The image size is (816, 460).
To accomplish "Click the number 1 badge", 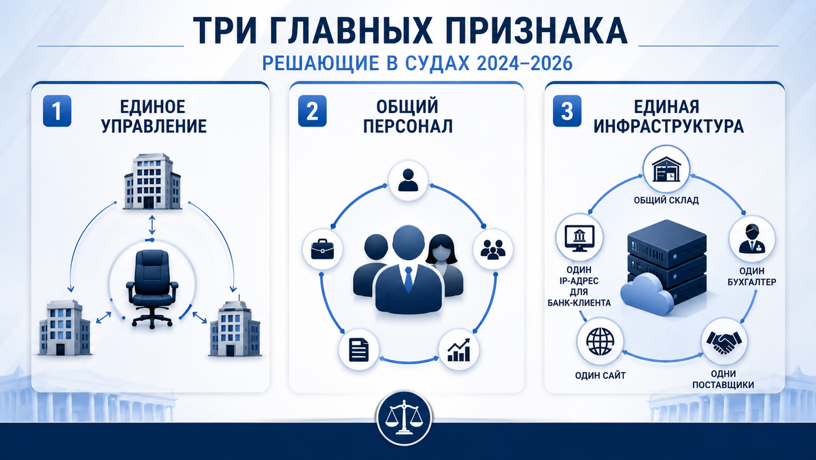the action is (57, 111).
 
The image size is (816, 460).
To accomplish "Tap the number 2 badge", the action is (312, 111).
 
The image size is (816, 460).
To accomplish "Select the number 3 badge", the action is (567, 111).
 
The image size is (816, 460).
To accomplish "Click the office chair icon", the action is (152, 289).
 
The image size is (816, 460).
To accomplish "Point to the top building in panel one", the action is (152, 181).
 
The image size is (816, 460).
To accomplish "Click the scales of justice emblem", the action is (404, 418).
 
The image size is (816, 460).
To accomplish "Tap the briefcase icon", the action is (322, 249).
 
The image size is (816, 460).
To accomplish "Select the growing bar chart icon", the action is (458, 350).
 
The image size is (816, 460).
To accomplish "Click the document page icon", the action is (359, 350).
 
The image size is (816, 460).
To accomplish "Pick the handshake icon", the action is (724, 342).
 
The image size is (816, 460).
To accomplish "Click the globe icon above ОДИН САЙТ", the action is (600, 342).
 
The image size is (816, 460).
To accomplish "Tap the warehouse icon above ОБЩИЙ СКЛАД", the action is (666, 169).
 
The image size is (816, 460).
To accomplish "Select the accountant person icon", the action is (752, 239).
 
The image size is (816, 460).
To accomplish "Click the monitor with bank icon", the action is (579, 238).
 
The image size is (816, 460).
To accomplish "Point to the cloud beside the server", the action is (647, 294).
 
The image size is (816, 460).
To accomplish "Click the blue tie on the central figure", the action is (409, 279).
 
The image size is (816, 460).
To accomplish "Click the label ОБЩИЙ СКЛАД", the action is (666, 201).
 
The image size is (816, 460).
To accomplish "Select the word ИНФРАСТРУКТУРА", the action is (668, 126).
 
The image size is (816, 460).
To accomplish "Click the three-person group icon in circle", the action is (493, 250).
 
